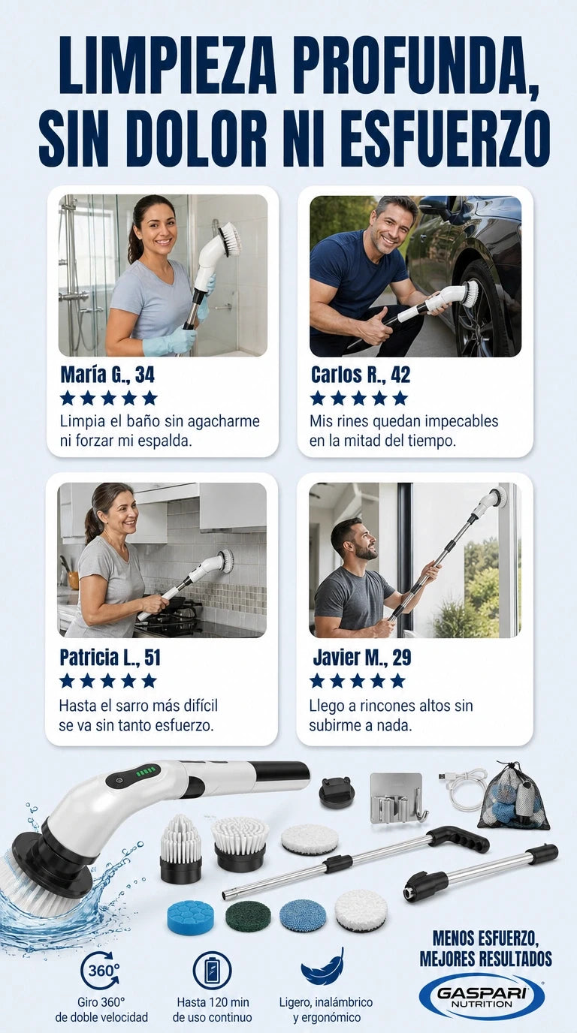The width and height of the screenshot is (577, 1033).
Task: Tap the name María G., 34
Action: (x=107, y=375)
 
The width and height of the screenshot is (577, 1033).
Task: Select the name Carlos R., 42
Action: (x=361, y=375)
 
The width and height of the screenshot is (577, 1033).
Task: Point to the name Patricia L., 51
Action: (x=110, y=657)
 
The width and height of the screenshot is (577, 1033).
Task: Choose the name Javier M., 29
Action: (x=362, y=657)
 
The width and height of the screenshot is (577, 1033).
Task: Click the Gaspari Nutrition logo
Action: (x=482, y=998)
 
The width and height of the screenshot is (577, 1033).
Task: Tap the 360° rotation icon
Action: (x=101, y=970)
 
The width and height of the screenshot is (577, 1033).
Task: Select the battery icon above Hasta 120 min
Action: (x=212, y=970)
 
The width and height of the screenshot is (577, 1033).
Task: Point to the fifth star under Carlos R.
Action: (x=400, y=398)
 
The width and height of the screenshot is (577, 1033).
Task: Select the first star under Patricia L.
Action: (x=68, y=680)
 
